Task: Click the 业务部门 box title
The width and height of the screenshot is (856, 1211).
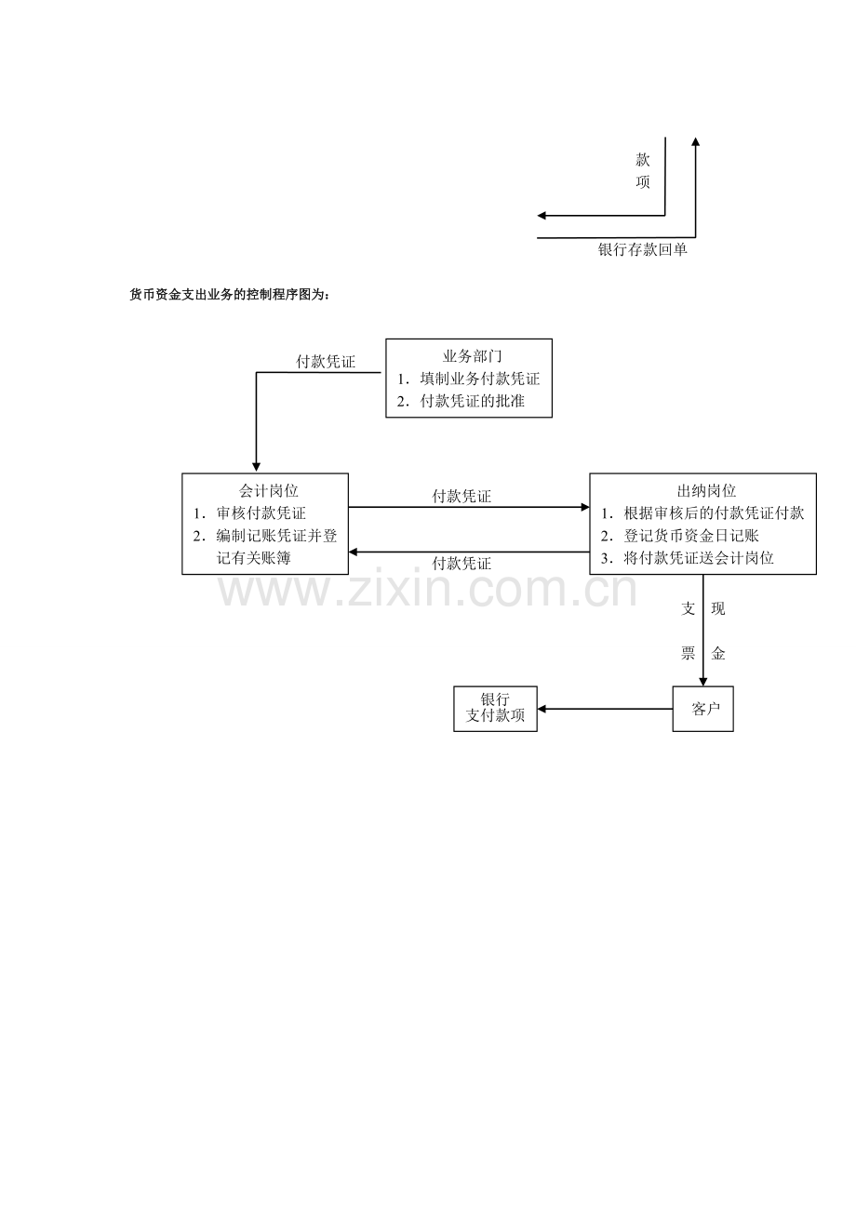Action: pyautogui.click(x=472, y=356)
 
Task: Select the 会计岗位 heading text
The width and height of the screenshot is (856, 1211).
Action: pyautogui.click(x=268, y=491)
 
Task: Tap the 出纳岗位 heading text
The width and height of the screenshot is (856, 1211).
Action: pyautogui.click(x=706, y=491)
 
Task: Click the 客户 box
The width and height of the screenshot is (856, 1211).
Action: pyautogui.click(x=703, y=709)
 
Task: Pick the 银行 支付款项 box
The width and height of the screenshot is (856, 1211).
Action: pyautogui.click(x=495, y=709)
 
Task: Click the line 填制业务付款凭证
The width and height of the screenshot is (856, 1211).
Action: pyautogui.click(x=480, y=379)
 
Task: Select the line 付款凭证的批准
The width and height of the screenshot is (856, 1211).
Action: pyautogui.click(x=472, y=401)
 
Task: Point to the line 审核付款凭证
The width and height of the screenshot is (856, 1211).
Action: pyautogui.click(x=261, y=513)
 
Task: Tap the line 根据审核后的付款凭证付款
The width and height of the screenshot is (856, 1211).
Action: pyautogui.click(x=714, y=513)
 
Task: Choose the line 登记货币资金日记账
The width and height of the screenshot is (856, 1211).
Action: pyautogui.click(x=691, y=536)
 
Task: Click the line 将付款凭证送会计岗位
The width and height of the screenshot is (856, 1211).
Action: pyautogui.click(x=699, y=558)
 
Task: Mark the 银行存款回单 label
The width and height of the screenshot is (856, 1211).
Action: pyautogui.click(x=642, y=250)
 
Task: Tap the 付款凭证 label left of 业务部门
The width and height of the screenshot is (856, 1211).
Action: pyautogui.click(x=326, y=362)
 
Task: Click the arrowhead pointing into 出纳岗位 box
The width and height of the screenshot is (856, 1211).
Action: pyautogui.click(x=585, y=507)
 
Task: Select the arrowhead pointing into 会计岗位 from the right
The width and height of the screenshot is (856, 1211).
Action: pyautogui.click(x=354, y=552)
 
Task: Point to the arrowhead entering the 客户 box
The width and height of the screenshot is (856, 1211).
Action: pyautogui.click(x=703, y=682)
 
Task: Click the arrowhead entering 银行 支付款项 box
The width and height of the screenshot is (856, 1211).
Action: pyautogui.click(x=542, y=709)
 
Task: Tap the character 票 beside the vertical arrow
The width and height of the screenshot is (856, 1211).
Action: pyautogui.click(x=688, y=654)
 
